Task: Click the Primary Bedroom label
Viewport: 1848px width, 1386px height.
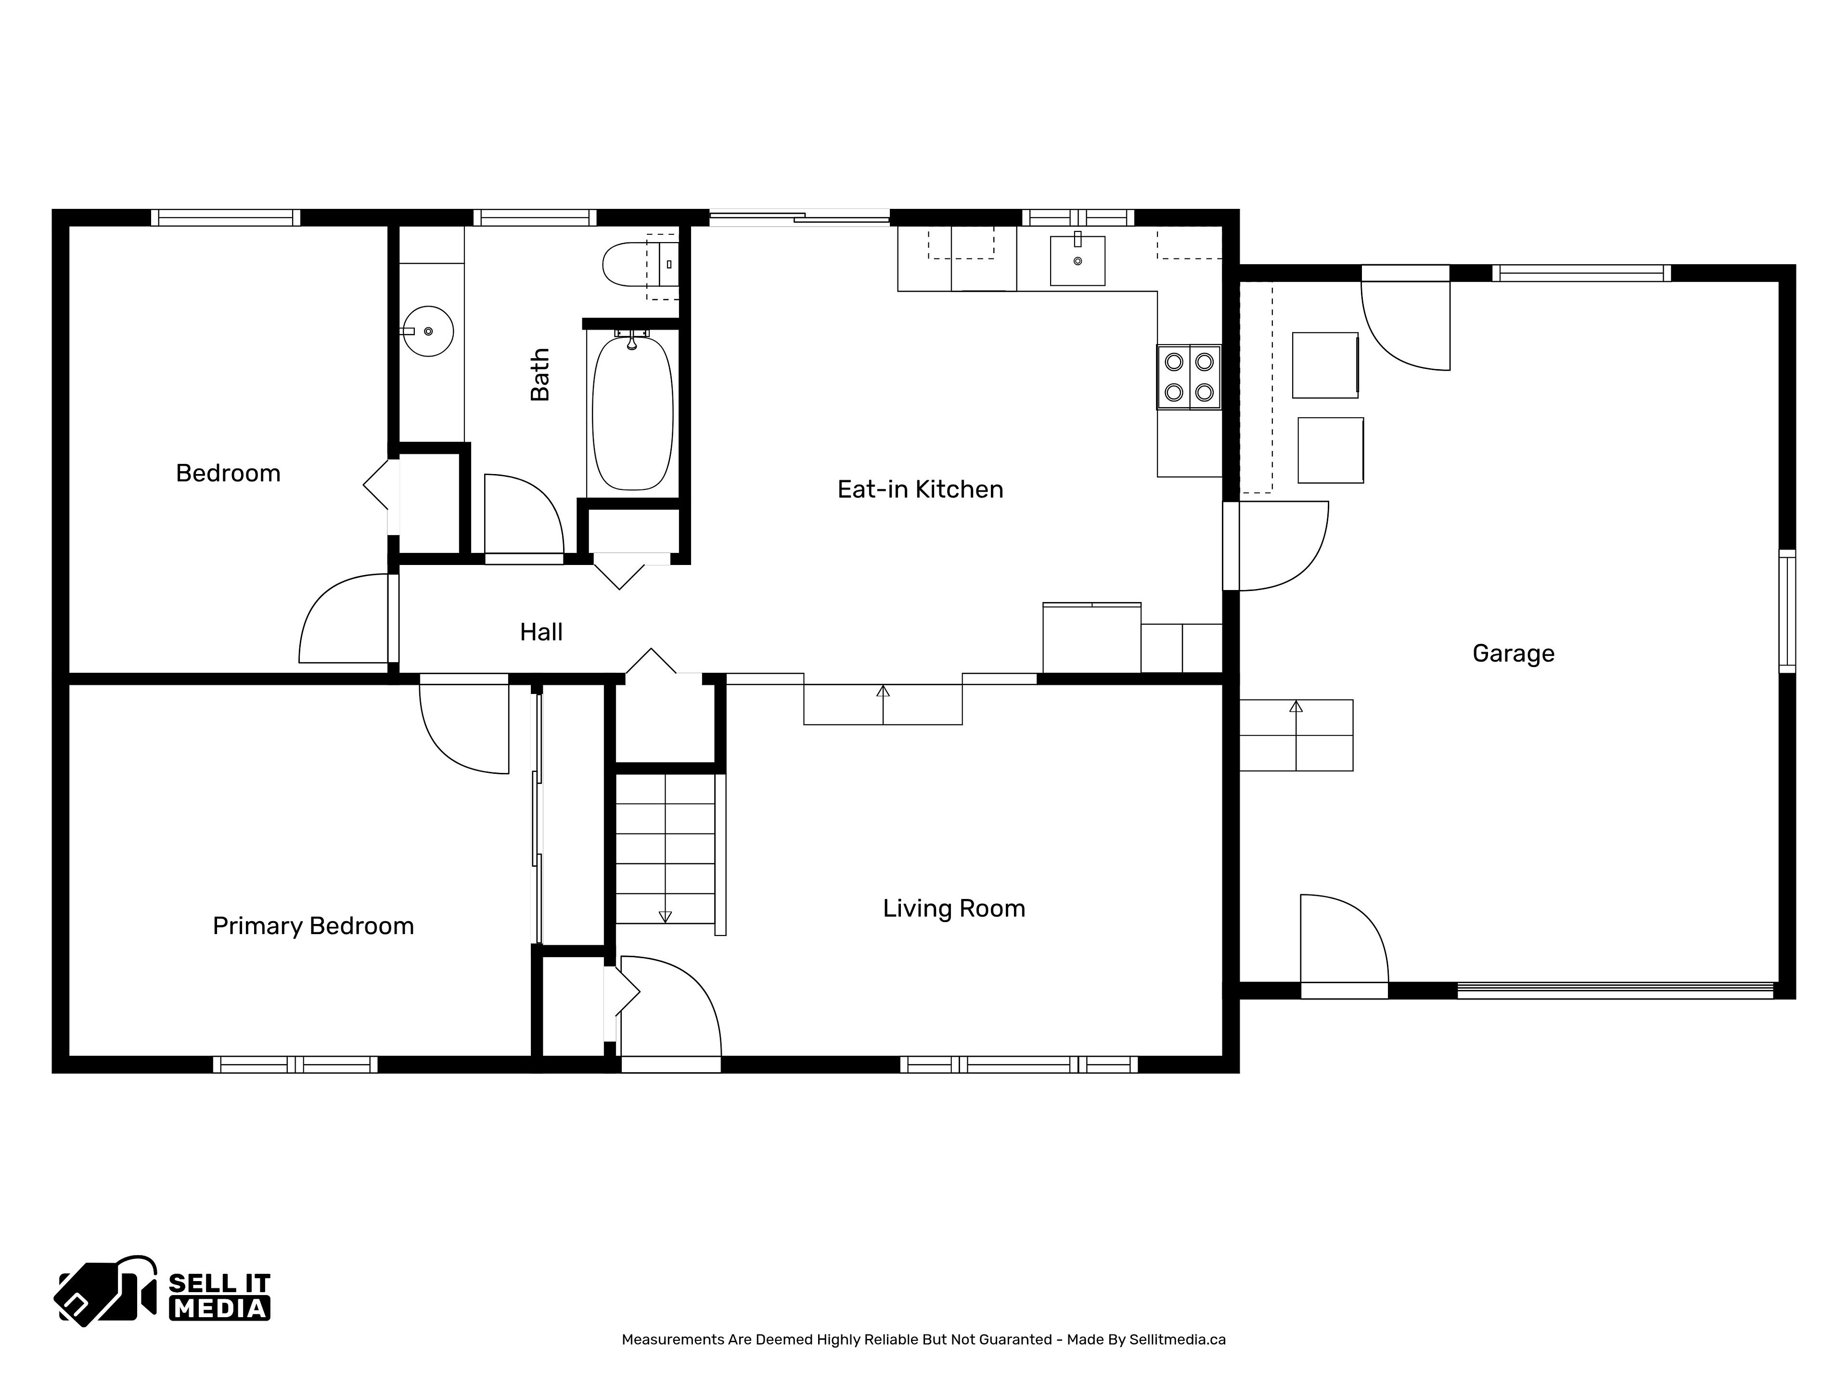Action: (313, 925)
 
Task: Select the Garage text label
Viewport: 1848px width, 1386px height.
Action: (1513, 654)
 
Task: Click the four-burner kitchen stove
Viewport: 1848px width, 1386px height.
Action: (1189, 377)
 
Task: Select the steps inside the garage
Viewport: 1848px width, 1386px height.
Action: (1296, 735)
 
